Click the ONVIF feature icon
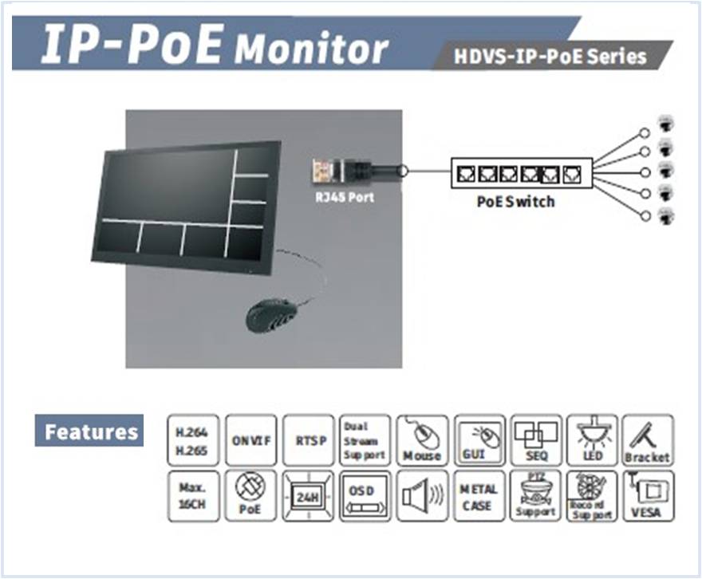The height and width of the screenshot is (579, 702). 251,439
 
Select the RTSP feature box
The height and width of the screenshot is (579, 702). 308,439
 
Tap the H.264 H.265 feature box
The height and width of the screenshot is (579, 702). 194,439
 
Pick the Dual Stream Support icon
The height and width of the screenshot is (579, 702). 365,439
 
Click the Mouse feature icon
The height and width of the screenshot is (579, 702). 422,439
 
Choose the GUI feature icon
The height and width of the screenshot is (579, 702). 479,439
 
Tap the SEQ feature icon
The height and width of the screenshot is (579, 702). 536,439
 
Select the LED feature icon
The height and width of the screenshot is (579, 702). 592,439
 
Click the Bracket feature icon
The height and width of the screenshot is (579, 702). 648,439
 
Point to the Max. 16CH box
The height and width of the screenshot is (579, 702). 194,496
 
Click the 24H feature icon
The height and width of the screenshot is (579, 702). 308,496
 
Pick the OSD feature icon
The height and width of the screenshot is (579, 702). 365,496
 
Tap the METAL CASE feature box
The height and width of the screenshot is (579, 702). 479,496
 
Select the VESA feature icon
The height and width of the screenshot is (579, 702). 648,496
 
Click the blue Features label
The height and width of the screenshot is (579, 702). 89,431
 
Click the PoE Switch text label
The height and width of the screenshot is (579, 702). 515,201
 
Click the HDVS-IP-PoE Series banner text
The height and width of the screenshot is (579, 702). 549,57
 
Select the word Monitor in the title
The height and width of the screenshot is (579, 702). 311,49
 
